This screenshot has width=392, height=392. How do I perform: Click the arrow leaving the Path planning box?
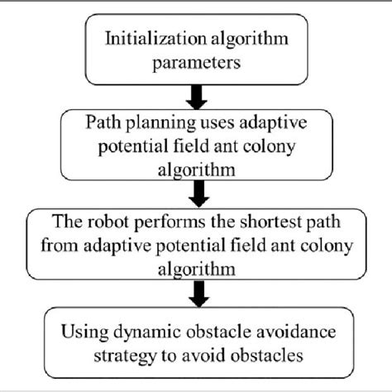196,195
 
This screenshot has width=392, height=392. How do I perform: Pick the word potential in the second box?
121,146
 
